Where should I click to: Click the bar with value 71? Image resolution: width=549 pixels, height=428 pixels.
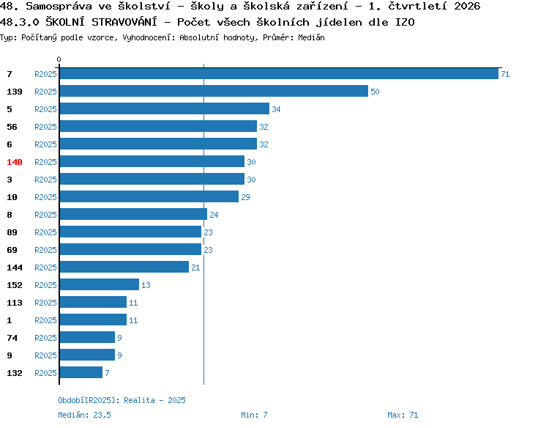tap(279, 73)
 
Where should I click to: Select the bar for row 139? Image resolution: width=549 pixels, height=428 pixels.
tap(214, 91)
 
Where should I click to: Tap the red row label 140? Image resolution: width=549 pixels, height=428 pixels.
tap(15, 162)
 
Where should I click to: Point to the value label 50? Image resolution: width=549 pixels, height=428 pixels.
tap(375, 92)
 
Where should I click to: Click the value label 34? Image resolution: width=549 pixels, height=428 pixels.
tap(276, 109)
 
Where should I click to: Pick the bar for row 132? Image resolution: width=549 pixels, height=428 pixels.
tap(81, 372)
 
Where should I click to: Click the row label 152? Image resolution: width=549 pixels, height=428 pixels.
tap(15, 285)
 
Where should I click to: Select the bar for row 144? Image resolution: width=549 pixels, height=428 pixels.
tap(124, 267)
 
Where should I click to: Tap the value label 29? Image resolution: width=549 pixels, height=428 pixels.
tap(245, 197)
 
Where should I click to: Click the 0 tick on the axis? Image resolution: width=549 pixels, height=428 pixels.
tap(59, 59)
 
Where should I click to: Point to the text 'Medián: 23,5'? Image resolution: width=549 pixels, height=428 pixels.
tap(84, 415)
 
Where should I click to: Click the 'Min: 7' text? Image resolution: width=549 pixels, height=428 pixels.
tap(254, 415)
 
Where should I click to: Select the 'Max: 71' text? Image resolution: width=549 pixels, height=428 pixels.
tap(403, 415)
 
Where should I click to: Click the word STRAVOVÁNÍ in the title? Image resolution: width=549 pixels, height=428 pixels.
tap(124, 22)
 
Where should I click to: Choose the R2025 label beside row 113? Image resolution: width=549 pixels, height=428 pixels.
tap(45, 303)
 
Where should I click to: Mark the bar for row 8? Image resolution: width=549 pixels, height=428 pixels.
tap(133, 214)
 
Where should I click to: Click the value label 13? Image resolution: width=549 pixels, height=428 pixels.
tap(146, 285)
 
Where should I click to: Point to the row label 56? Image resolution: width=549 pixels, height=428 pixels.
tap(12, 127)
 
